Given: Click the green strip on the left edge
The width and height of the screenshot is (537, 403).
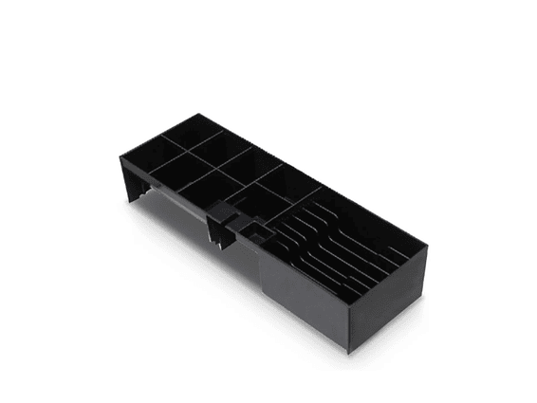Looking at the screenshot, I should point(31,201).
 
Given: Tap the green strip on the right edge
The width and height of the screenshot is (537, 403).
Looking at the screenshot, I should point(505,201).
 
